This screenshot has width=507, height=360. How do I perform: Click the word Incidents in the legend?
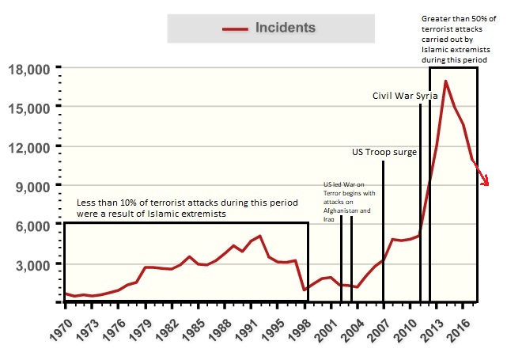pyautogui.click(x=285, y=28)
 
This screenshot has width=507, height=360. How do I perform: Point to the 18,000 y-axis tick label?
pyautogui.click(x=28, y=70)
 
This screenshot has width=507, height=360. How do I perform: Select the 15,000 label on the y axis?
pyautogui.click(x=28, y=108)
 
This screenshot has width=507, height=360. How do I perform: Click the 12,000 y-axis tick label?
pyautogui.click(x=28, y=147)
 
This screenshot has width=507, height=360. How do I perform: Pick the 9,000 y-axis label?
pyautogui.click(x=32, y=186)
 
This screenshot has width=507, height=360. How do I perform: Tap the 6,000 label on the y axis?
pyautogui.click(x=32, y=225)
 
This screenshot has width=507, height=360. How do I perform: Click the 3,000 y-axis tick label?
pyautogui.click(x=32, y=264)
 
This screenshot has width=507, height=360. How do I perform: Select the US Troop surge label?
pyautogui.click(x=384, y=151)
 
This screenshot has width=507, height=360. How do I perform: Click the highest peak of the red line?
pyautogui.click(x=446, y=81)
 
